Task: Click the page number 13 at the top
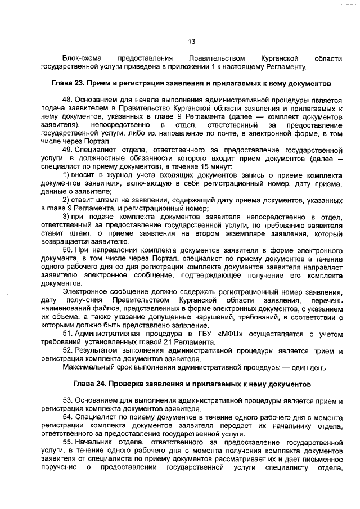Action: click(x=191, y=41)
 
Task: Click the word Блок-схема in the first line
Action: click(x=82, y=58)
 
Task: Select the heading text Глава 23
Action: click(x=73, y=83)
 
